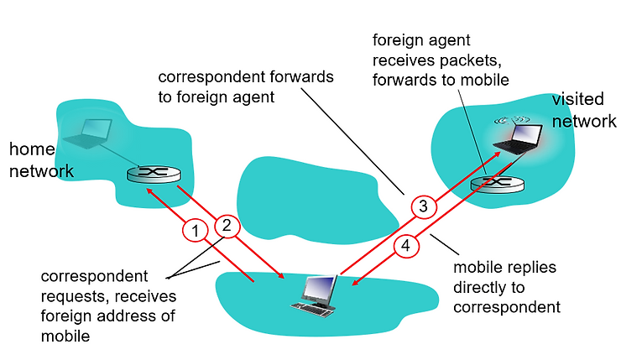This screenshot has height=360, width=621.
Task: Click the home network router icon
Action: (x=154, y=173)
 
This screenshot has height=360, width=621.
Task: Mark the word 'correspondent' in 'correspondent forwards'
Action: (x=204, y=77)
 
